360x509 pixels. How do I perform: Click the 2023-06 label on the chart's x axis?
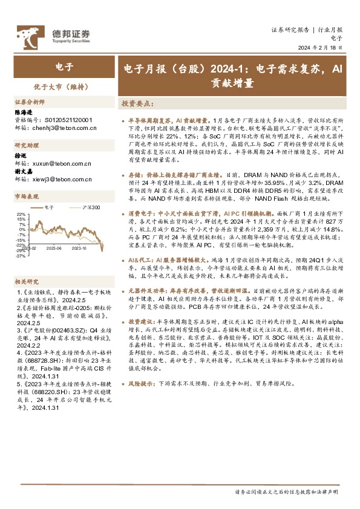(55, 247)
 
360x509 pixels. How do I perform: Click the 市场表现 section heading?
(27, 196)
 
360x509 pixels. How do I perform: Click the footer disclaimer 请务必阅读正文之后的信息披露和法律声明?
(288, 493)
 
